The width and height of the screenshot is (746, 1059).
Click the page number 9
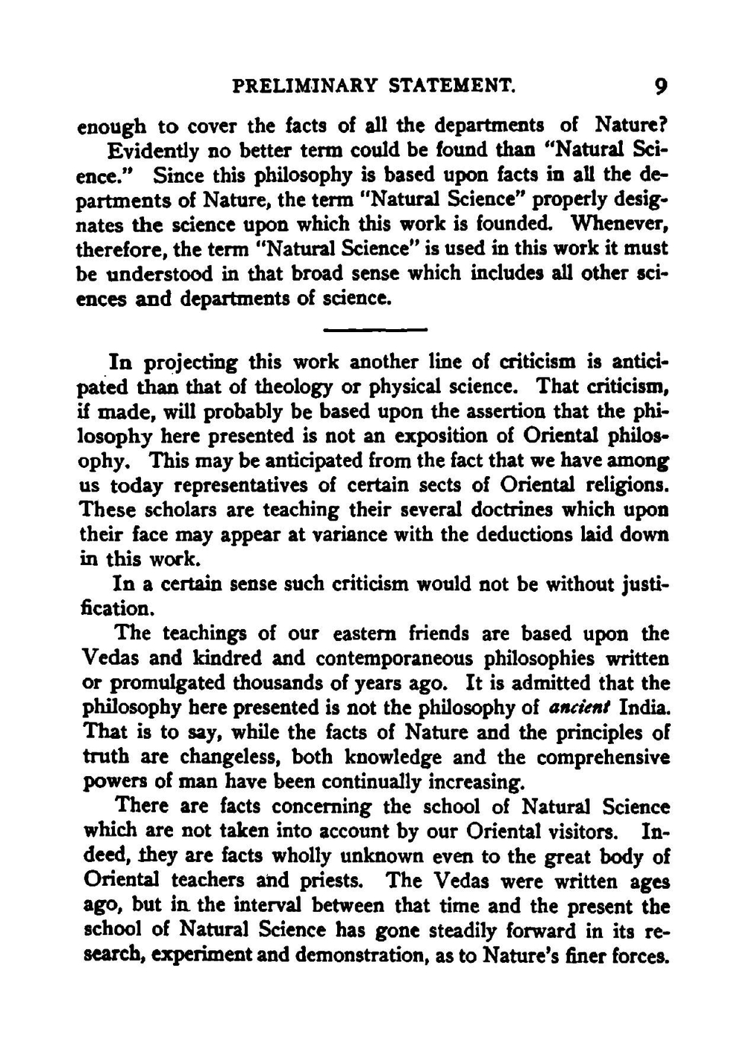coord(659,87)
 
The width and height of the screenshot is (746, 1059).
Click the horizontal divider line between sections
coord(375,329)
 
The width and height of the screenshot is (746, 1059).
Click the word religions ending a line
coord(623,486)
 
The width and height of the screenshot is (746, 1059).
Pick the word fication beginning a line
coord(116,608)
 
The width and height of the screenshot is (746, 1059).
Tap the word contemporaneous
coord(395,658)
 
